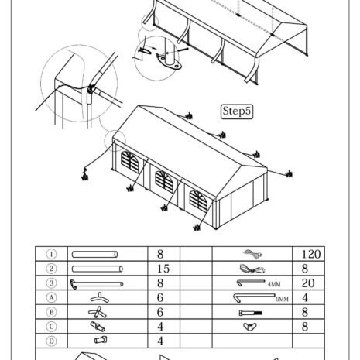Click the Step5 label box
[x=237, y=111]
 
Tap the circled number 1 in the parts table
[x=51, y=254]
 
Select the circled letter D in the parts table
[x=51, y=341]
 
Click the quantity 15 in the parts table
[x=163, y=269]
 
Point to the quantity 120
[x=311, y=254]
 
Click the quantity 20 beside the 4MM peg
[x=308, y=283]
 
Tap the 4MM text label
[x=274, y=284]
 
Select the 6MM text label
[x=282, y=300]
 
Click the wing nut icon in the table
[x=250, y=327]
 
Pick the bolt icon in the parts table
[x=251, y=313]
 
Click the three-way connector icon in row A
[x=100, y=297]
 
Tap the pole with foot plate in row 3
[x=97, y=284]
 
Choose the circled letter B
[x=51, y=312]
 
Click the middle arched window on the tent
[x=164, y=182]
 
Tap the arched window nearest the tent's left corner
[x=130, y=162]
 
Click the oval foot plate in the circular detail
[x=170, y=63]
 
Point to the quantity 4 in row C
[x=160, y=327]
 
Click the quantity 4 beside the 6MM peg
[x=305, y=298]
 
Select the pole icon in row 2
[x=98, y=269]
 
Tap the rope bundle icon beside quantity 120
[x=252, y=254]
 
